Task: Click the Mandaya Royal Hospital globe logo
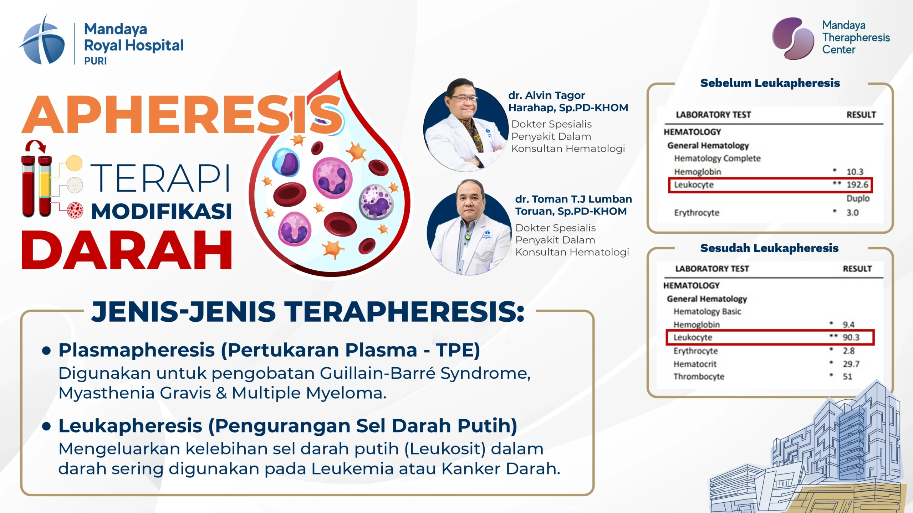pyautogui.click(x=42, y=40)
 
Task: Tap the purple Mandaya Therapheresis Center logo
pyautogui.click(x=793, y=38)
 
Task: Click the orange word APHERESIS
pyautogui.click(x=182, y=115)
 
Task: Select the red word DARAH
pyautogui.click(x=127, y=250)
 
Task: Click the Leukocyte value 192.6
pyautogui.click(x=857, y=185)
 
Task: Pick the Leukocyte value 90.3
pyautogui.click(x=851, y=337)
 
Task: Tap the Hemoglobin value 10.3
pyautogui.click(x=855, y=172)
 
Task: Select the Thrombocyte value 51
pyautogui.click(x=847, y=377)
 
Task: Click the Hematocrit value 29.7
pyautogui.click(x=851, y=364)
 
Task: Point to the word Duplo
pyautogui.click(x=858, y=198)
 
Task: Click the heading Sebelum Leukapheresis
pyautogui.click(x=770, y=83)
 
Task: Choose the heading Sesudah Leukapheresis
pyautogui.click(x=769, y=248)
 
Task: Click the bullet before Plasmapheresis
pyautogui.click(x=46, y=350)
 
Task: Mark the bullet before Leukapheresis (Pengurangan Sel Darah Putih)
pyautogui.click(x=46, y=426)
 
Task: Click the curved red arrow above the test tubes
pyautogui.click(x=35, y=146)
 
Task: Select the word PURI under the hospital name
pyautogui.click(x=95, y=61)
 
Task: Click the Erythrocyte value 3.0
pyautogui.click(x=852, y=213)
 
